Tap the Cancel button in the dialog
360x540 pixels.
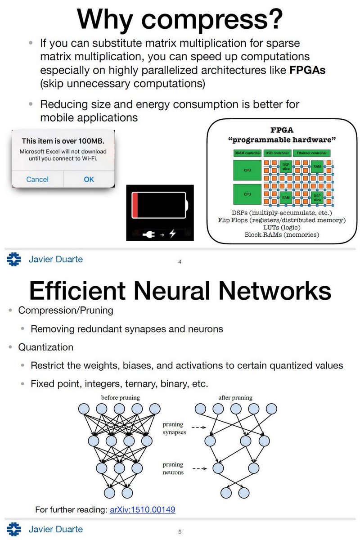click(37, 179)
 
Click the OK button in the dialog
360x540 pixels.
click(89, 179)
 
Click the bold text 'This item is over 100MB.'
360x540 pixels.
click(63, 141)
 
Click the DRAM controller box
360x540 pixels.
click(247, 153)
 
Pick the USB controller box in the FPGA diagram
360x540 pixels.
click(277, 153)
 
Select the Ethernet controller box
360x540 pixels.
click(311, 153)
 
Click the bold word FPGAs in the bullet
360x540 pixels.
click(307, 72)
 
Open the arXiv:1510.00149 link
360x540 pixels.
click(143, 510)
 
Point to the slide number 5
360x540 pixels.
click(180, 532)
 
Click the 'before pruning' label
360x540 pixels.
click(121, 398)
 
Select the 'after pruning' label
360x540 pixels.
click(235, 398)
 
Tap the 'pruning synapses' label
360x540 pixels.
click(174, 428)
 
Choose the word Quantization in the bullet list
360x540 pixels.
click(46, 347)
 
